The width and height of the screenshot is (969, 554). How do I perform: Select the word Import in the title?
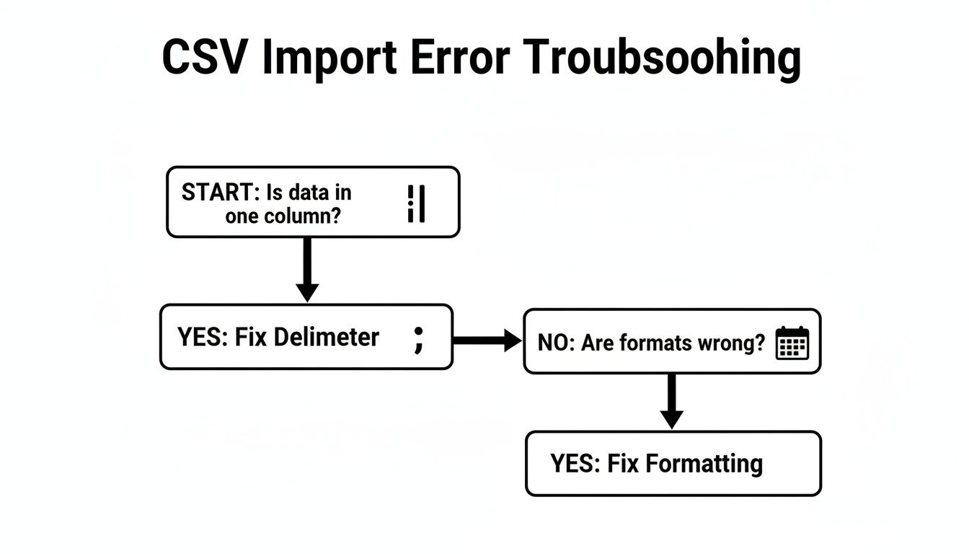(x=329, y=59)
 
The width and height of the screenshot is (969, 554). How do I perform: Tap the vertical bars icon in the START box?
(x=416, y=203)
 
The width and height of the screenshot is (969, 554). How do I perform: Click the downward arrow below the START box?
(x=307, y=270)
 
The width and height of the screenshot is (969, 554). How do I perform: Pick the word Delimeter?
(x=327, y=337)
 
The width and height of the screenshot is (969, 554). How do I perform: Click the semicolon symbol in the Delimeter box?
(x=417, y=338)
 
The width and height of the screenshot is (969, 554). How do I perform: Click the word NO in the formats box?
(x=553, y=343)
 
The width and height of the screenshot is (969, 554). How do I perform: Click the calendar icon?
(x=792, y=343)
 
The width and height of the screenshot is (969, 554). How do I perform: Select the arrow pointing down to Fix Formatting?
(x=671, y=401)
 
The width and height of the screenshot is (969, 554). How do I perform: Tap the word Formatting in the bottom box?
(x=704, y=463)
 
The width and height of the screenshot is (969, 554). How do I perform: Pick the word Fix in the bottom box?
(x=623, y=463)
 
